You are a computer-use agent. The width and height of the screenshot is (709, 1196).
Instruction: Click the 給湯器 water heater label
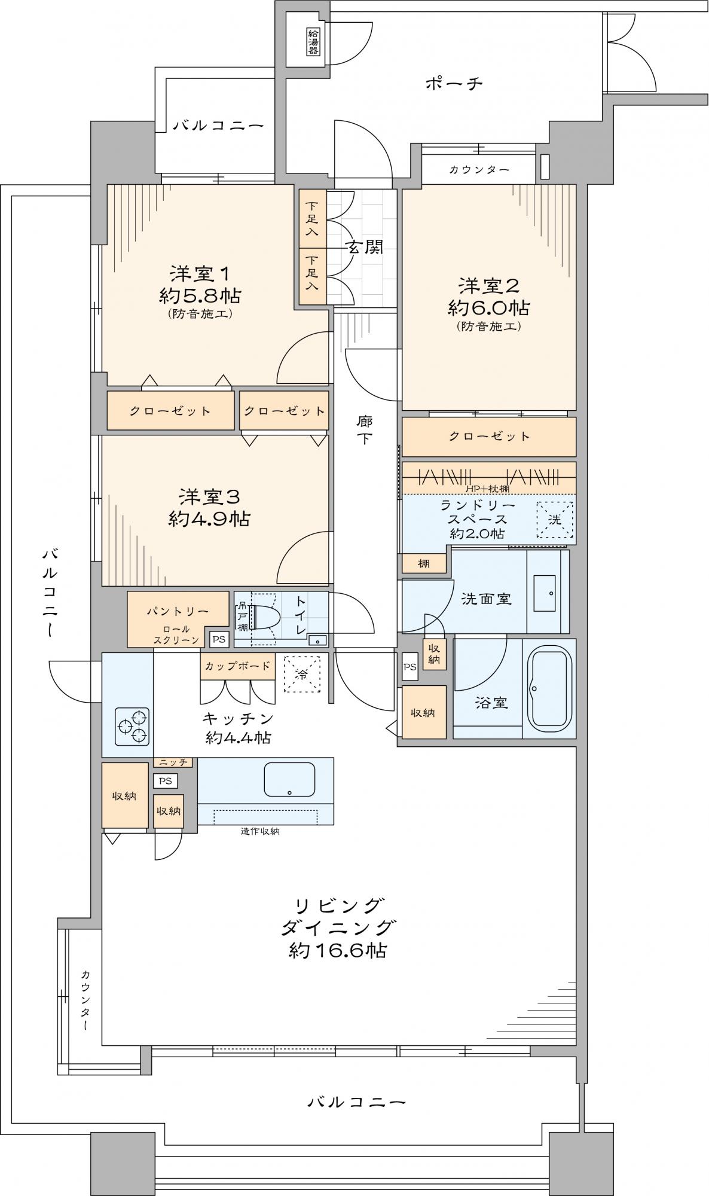coord(313,42)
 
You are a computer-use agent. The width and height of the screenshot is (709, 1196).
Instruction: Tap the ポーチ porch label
coord(454,83)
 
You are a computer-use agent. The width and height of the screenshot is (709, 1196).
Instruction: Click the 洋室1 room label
coord(200,274)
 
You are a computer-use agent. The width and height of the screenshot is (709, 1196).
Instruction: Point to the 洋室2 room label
coord(489,286)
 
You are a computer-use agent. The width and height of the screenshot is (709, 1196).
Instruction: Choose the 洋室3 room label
coord(209,496)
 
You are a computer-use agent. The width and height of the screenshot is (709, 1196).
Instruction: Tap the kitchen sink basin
coord(290,779)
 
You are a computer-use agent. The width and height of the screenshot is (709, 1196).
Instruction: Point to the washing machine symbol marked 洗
coord(554,520)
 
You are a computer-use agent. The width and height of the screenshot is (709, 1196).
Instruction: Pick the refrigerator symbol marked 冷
coord(302,674)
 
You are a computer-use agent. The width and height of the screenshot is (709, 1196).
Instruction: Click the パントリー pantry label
coord(178,611)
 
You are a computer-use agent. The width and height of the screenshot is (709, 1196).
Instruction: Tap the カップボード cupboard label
coord(238,666)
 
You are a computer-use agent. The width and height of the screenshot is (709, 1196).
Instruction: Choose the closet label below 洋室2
coord(490,436)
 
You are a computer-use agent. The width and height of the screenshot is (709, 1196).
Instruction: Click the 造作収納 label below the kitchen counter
coord(260,831)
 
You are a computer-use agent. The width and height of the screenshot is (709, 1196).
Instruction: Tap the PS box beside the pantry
coord(219,639)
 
